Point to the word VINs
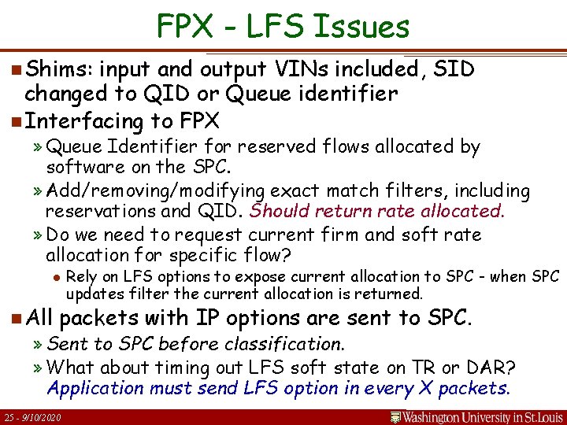(x=328, y=70)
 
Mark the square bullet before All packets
(x=17, y=318)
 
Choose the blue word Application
(x=95, y=388)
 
